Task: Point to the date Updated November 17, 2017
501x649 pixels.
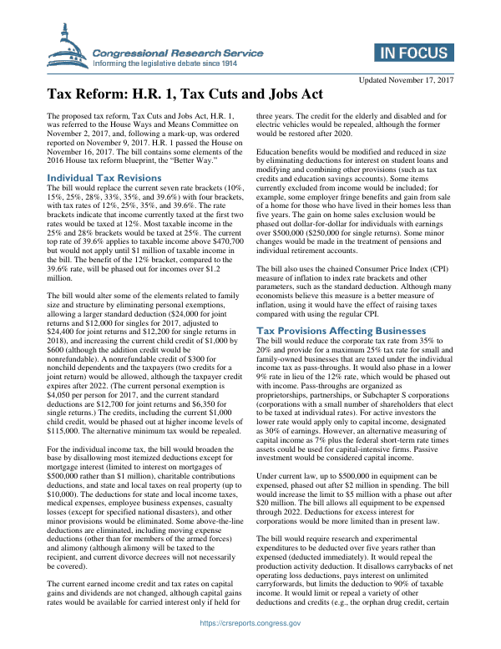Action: [405, 79]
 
